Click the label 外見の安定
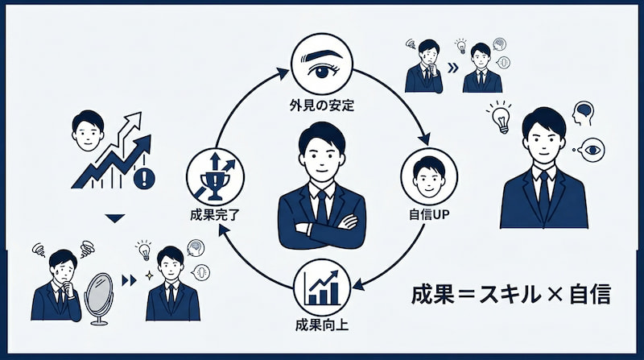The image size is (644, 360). pos(321,105)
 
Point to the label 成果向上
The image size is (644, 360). pos(321,328)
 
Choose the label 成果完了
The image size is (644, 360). pos(212,217)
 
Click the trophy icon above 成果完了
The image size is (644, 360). pos(211,176)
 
